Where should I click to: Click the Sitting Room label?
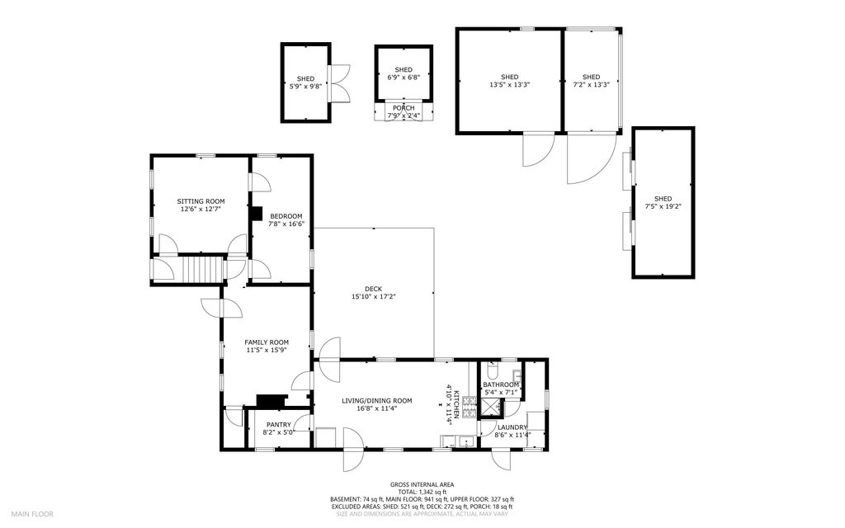pos(201,201)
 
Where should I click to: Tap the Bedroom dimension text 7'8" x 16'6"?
pos(286,224)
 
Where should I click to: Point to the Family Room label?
pos(267,342)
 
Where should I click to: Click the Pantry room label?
pos(279,425)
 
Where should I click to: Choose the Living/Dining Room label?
pos(376,401)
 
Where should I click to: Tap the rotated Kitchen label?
pos(456,404)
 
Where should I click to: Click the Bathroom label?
pos(501,384)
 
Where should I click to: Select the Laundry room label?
pos(512,427)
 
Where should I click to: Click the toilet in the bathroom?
pos(492,370)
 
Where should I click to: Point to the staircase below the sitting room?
pos(204,269)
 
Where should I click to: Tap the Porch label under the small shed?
pos(403,108)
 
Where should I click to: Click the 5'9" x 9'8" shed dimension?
pos(305,86)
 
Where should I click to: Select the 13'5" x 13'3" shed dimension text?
pos(509,85)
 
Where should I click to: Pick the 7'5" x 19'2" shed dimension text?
pos(663,206)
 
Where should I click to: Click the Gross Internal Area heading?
pos(422,485)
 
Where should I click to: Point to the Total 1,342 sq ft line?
pos(422,493)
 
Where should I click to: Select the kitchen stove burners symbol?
pos(470,408)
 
